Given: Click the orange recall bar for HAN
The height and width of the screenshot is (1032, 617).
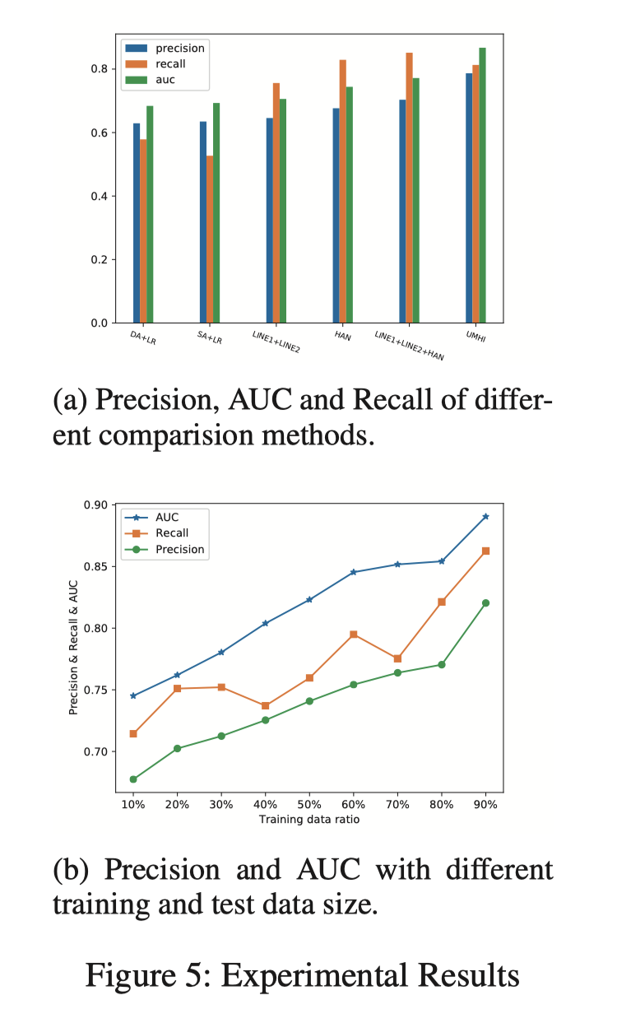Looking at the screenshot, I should (342, 191).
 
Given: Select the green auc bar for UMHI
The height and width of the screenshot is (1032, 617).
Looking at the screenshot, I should (482, 185).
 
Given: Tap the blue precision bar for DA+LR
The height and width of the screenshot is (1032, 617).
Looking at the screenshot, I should (137, 223).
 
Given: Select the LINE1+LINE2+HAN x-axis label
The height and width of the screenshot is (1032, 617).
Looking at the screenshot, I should (410, 345).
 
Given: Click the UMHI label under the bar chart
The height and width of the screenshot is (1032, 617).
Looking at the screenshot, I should (475, 339).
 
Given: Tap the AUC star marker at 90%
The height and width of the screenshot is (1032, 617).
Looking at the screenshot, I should (485, 517).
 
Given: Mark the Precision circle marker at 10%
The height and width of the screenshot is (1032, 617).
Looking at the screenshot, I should (133, 779).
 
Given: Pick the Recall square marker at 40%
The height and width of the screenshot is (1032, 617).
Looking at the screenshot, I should (266, 705).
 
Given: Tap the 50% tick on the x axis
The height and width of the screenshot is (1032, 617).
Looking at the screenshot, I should (309, 804).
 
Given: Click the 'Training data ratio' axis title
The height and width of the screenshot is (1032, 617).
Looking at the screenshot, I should (308, 820).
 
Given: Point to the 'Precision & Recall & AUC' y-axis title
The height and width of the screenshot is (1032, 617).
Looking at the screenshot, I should (73, 648).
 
